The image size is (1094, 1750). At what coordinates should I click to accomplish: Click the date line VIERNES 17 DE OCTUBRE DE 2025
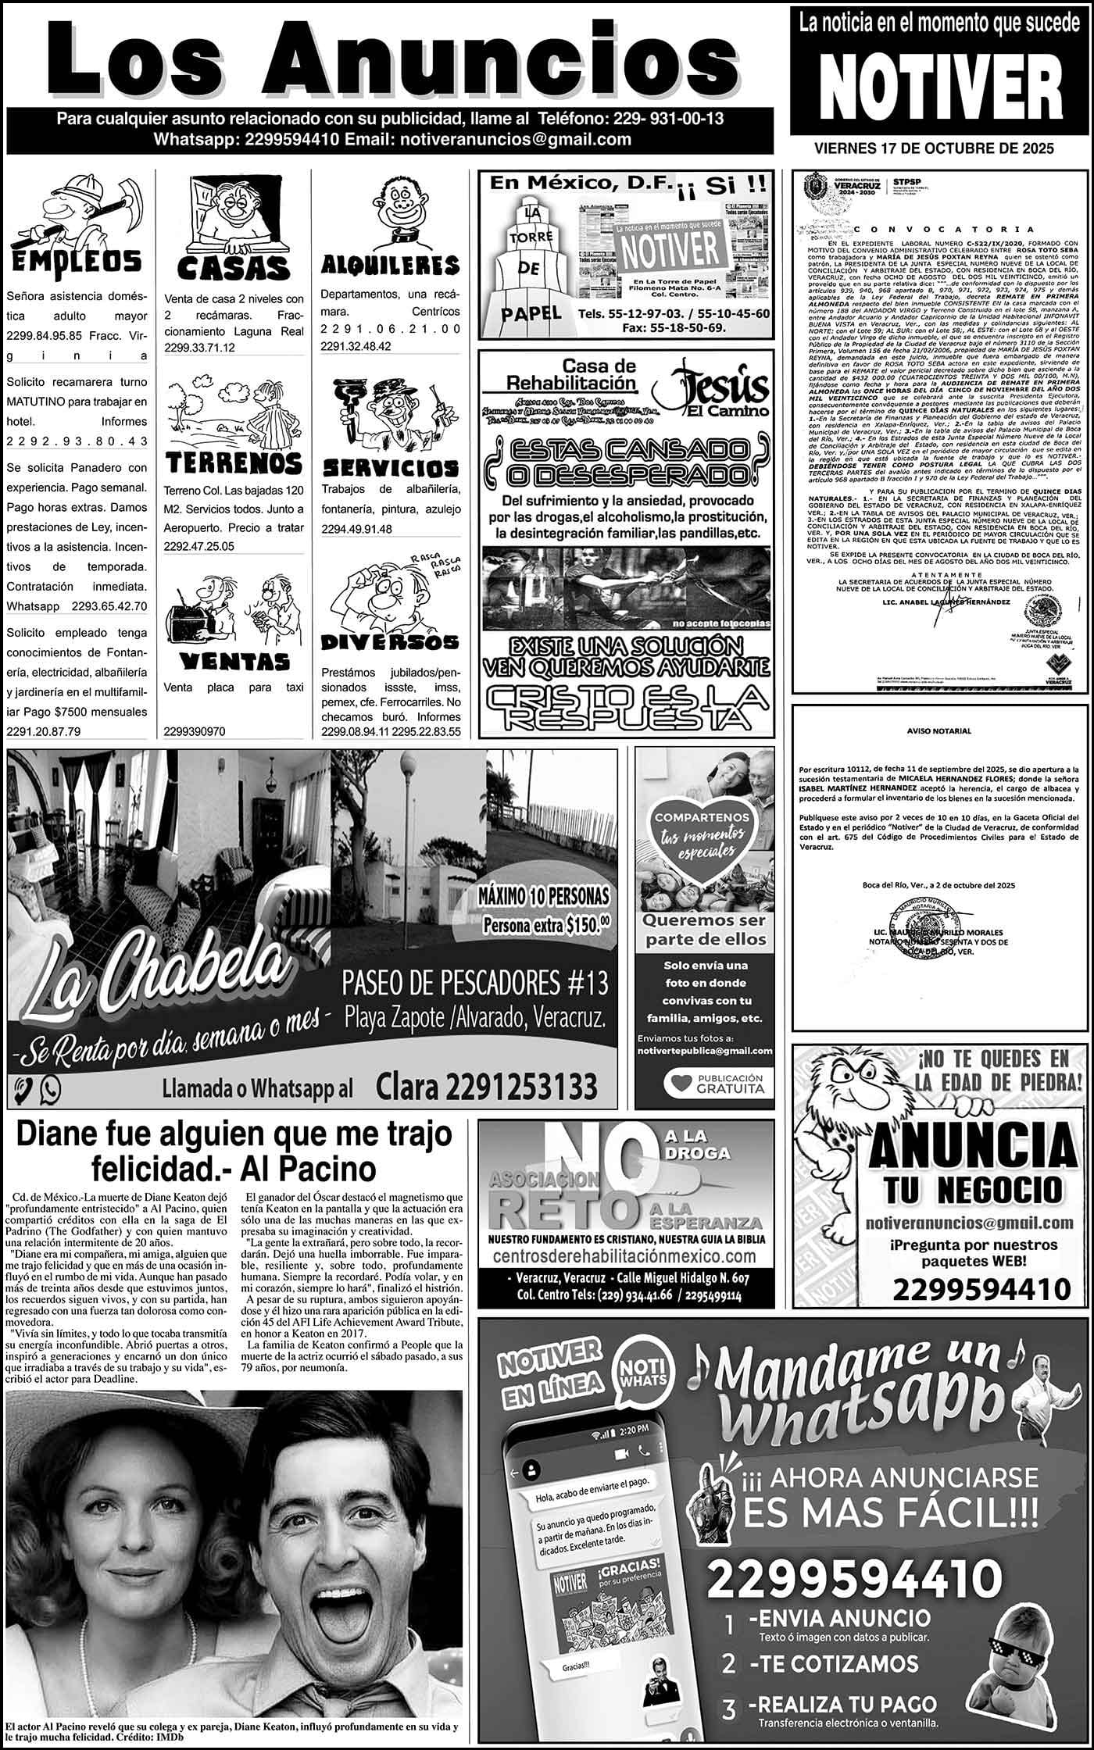click(x=934, y=148)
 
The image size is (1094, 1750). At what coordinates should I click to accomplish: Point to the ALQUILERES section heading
click(x=390, y=265)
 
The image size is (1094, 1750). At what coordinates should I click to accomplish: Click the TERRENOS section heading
click(x=234, y=462)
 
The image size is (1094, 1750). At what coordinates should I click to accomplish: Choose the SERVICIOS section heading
click(x=390, y=467)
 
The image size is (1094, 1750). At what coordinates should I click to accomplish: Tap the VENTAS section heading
click(x=234, y=662)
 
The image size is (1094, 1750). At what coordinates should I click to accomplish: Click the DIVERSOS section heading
click(x=390, y=642)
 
